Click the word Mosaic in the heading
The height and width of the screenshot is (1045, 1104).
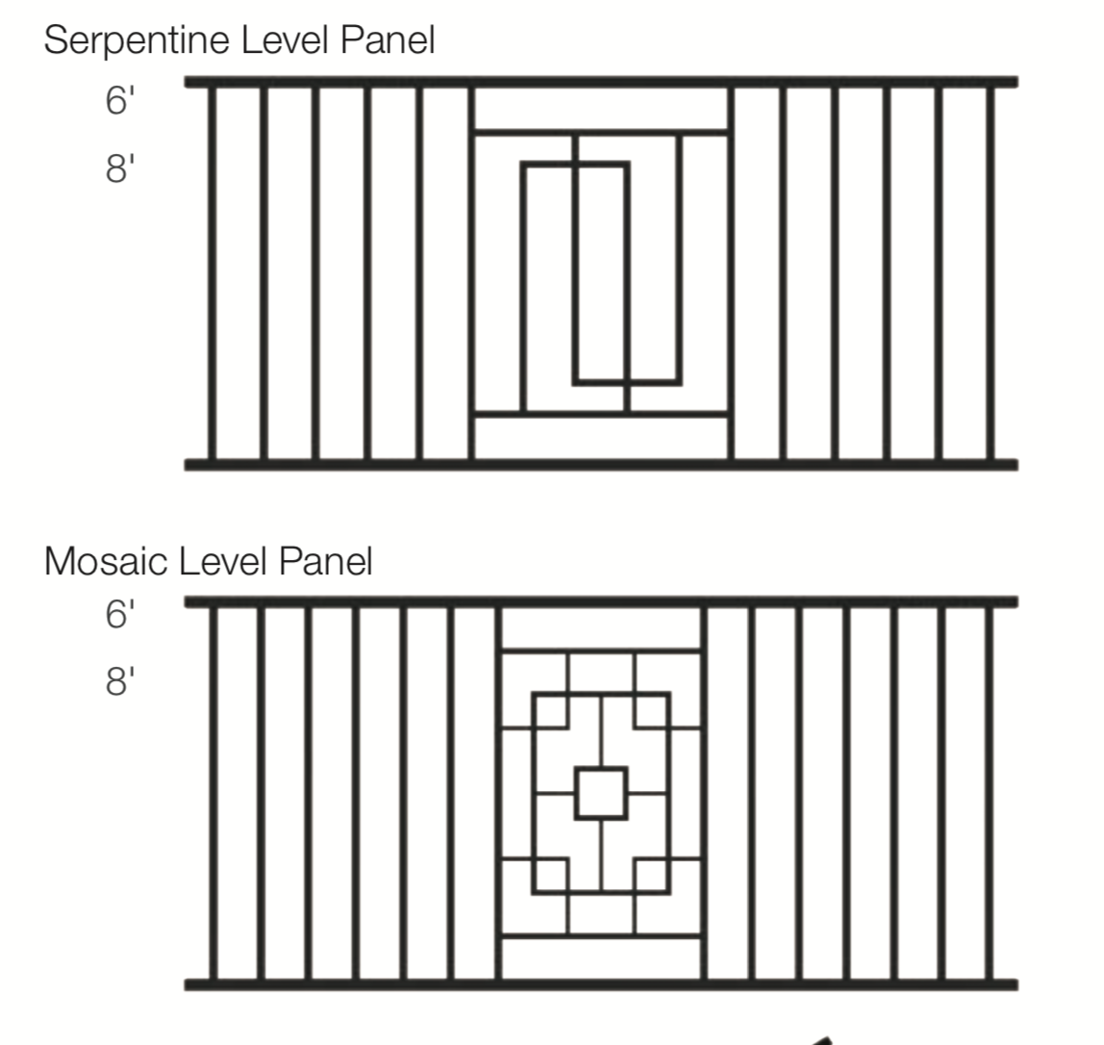tap(106, 561)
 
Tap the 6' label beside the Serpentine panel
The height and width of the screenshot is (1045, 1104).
tap(116, 100)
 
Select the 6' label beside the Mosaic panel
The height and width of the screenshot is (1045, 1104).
tap(116, 614)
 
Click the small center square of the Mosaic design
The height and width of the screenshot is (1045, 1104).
tap(601, 793)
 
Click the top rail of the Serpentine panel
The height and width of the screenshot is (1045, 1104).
tap(601, 82)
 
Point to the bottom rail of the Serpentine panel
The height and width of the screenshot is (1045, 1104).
tap(601, 465)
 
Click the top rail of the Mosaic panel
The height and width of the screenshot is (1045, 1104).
tap(601, 602)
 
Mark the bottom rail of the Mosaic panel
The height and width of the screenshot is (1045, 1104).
tap(601, 984)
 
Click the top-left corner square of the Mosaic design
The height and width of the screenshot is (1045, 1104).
tap(550, 710)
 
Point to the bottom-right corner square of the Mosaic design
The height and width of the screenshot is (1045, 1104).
tap(652, 876)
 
